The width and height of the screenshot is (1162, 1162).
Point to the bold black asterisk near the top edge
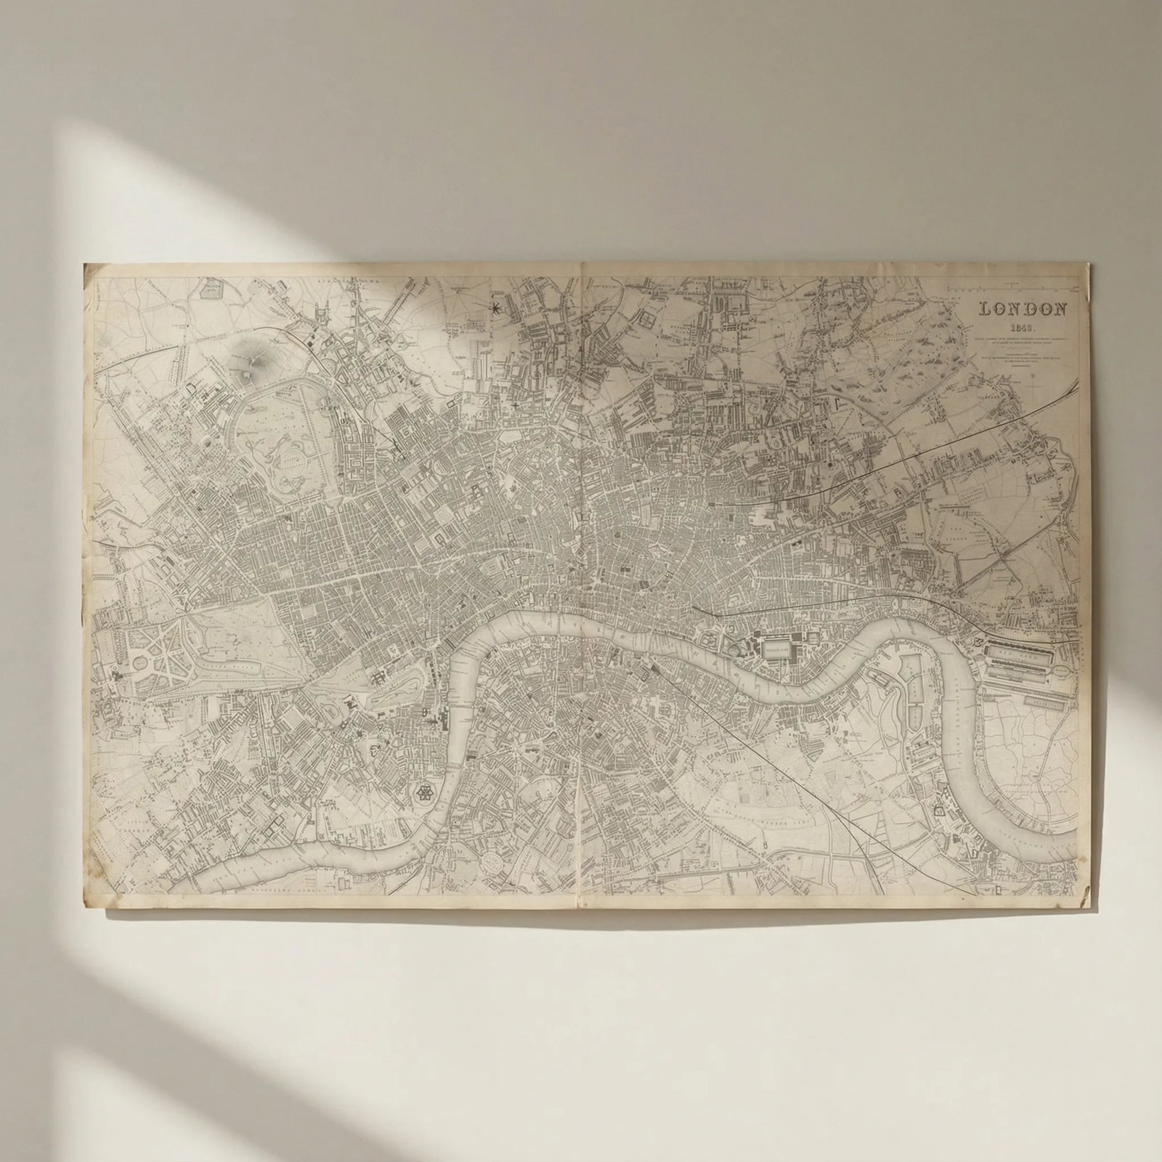(497, 309)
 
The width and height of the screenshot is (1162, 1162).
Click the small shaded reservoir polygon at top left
(211, 290)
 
